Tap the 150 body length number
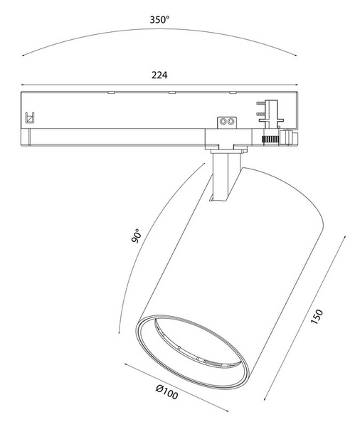(318, 316)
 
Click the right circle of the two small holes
(231, 122)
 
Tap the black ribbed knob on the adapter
(271, 138)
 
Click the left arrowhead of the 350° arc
(23, 56)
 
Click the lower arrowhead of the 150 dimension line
(266, 400)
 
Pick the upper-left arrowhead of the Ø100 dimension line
(125, 366)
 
